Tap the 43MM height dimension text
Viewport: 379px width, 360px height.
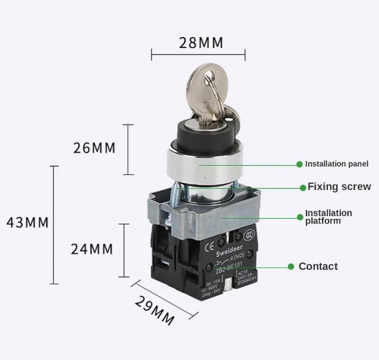[x=26, y=222]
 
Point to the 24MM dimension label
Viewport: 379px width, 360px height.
[x=92, y=249]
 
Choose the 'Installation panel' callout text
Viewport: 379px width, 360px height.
[x=337, y=164]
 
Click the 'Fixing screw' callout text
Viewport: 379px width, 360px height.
[x=339, y=187]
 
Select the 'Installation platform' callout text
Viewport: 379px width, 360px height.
[x=329, y=217]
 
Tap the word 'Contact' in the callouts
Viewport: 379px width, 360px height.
[x=318, y=266]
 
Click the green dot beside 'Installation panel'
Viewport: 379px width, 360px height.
[x=299, y=164]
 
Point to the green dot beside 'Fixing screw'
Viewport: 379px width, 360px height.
[x=301, y=187]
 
